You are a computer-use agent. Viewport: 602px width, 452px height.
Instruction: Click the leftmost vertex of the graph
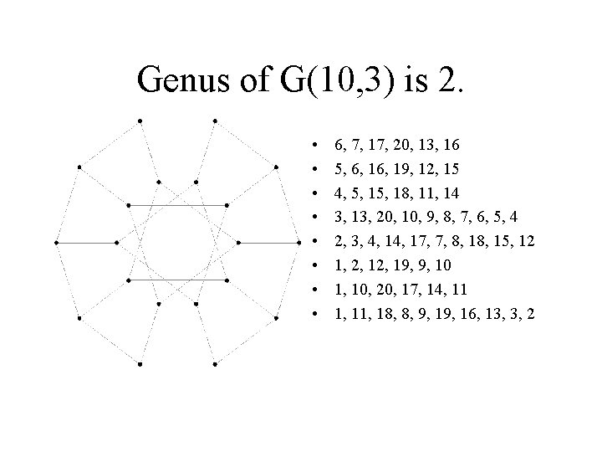coord(56,243)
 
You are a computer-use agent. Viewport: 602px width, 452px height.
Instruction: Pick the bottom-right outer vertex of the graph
coord(216,365)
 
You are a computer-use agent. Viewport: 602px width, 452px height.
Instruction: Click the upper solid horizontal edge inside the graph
coord(177,205)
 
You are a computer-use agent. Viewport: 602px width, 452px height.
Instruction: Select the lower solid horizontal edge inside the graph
coord(177,279)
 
